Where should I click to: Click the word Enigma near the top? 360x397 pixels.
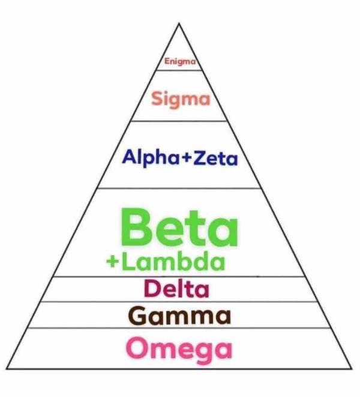(181, 61)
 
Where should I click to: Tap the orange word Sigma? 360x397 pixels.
(181, 98)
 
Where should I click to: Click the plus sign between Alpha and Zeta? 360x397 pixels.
(186, 159)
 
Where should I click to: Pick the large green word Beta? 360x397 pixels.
(179, 227)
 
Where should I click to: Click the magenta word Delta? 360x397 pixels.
(176, 289)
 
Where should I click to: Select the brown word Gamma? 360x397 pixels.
(179, 315)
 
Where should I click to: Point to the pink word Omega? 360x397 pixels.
(179, 348)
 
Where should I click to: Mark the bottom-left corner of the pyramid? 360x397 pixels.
(7, 368)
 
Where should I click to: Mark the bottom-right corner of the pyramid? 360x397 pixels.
(352, 368)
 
